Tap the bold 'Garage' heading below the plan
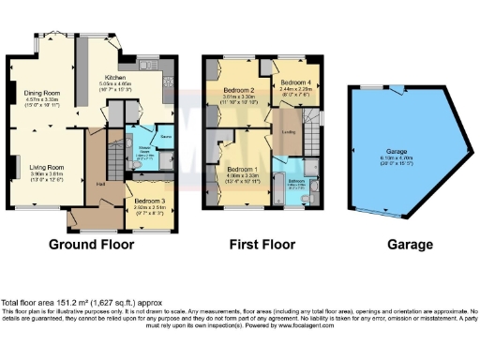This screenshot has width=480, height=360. point(410,245)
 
